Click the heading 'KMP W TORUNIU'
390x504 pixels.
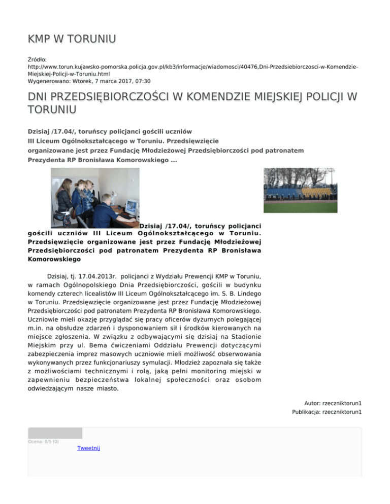click(72, 39)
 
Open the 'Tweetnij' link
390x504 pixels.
click(88, 448)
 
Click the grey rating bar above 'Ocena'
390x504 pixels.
click(55, 433)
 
